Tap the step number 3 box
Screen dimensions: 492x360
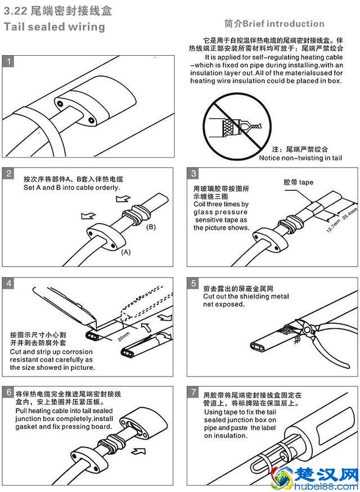(x=193, y=173)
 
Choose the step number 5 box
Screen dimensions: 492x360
(x=193, y=283)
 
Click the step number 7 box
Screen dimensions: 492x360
(x=193, y=392)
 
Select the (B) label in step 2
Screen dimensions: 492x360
(x=151, y=227)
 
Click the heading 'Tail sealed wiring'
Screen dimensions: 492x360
(x=55, y=26)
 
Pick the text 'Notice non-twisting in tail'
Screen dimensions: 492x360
(x=300, y=158)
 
